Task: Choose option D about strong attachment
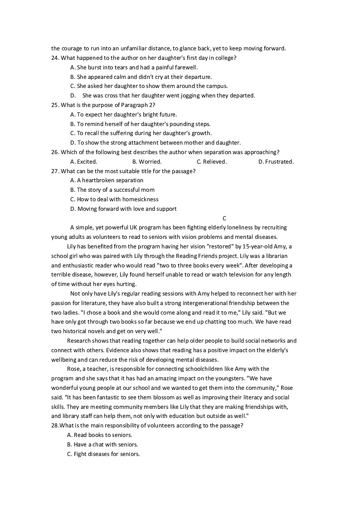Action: (156, 143)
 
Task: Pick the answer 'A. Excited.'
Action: (83, 162)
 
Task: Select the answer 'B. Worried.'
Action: (146, 162)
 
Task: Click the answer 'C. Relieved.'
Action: (211, 162)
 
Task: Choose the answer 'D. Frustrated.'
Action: (276, 162)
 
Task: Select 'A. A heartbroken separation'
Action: (107, 180)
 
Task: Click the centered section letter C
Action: (224, 218)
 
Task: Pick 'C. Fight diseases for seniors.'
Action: (103, 454)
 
